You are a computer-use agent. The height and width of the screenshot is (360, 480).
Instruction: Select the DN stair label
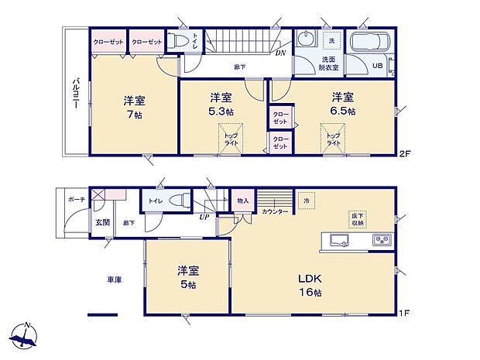(279, 53)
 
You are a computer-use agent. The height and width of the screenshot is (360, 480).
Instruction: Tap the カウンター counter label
(275, 211)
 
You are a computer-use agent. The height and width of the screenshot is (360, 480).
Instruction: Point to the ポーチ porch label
(76, 199)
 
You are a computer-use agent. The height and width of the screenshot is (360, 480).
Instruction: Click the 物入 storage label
(242, 201)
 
